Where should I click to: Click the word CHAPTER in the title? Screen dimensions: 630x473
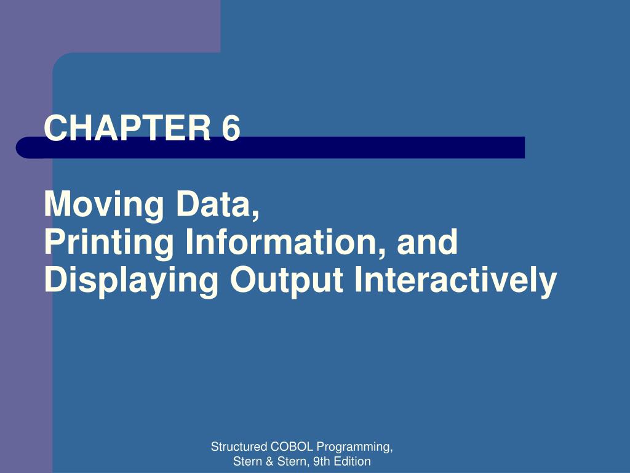(x=127, y=127)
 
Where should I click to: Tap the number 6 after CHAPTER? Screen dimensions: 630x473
(x=231, y=127)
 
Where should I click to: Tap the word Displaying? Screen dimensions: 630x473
(x=131, y=280)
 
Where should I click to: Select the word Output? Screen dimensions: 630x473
(x=287, y=280)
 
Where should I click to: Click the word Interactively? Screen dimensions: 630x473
(x=456, y=280)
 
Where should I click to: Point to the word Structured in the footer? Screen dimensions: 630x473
(x=239, y=447)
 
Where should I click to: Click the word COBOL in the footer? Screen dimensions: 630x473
(x=292, y=447)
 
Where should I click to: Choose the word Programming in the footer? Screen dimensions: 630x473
(x=353, y=448)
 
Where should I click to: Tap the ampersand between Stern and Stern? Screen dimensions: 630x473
(x=269, y=461)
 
